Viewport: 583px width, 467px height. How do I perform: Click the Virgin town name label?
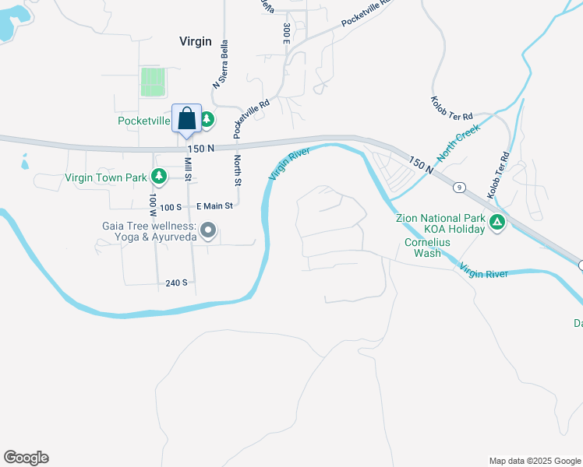coord(195,41)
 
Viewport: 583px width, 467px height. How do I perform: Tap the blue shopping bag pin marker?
coord(187,121)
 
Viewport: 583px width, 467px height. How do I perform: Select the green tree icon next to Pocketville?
coord(207,120)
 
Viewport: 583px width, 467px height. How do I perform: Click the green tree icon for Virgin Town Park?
coord(159,177)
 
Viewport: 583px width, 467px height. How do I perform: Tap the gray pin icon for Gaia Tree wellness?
coord(208,230)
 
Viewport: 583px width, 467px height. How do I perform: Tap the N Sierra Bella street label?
coord(221,65)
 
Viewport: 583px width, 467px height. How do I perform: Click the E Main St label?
coord(214,205)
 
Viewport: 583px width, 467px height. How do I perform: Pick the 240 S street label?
coord(176,283)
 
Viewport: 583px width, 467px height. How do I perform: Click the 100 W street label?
coord(153,205)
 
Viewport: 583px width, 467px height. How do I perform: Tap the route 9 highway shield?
coord(460,187)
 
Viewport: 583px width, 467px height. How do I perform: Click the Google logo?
coord(26,458)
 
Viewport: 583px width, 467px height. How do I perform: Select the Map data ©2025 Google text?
coord(535,461)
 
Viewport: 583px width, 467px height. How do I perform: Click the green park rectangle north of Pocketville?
coord(154,82)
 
